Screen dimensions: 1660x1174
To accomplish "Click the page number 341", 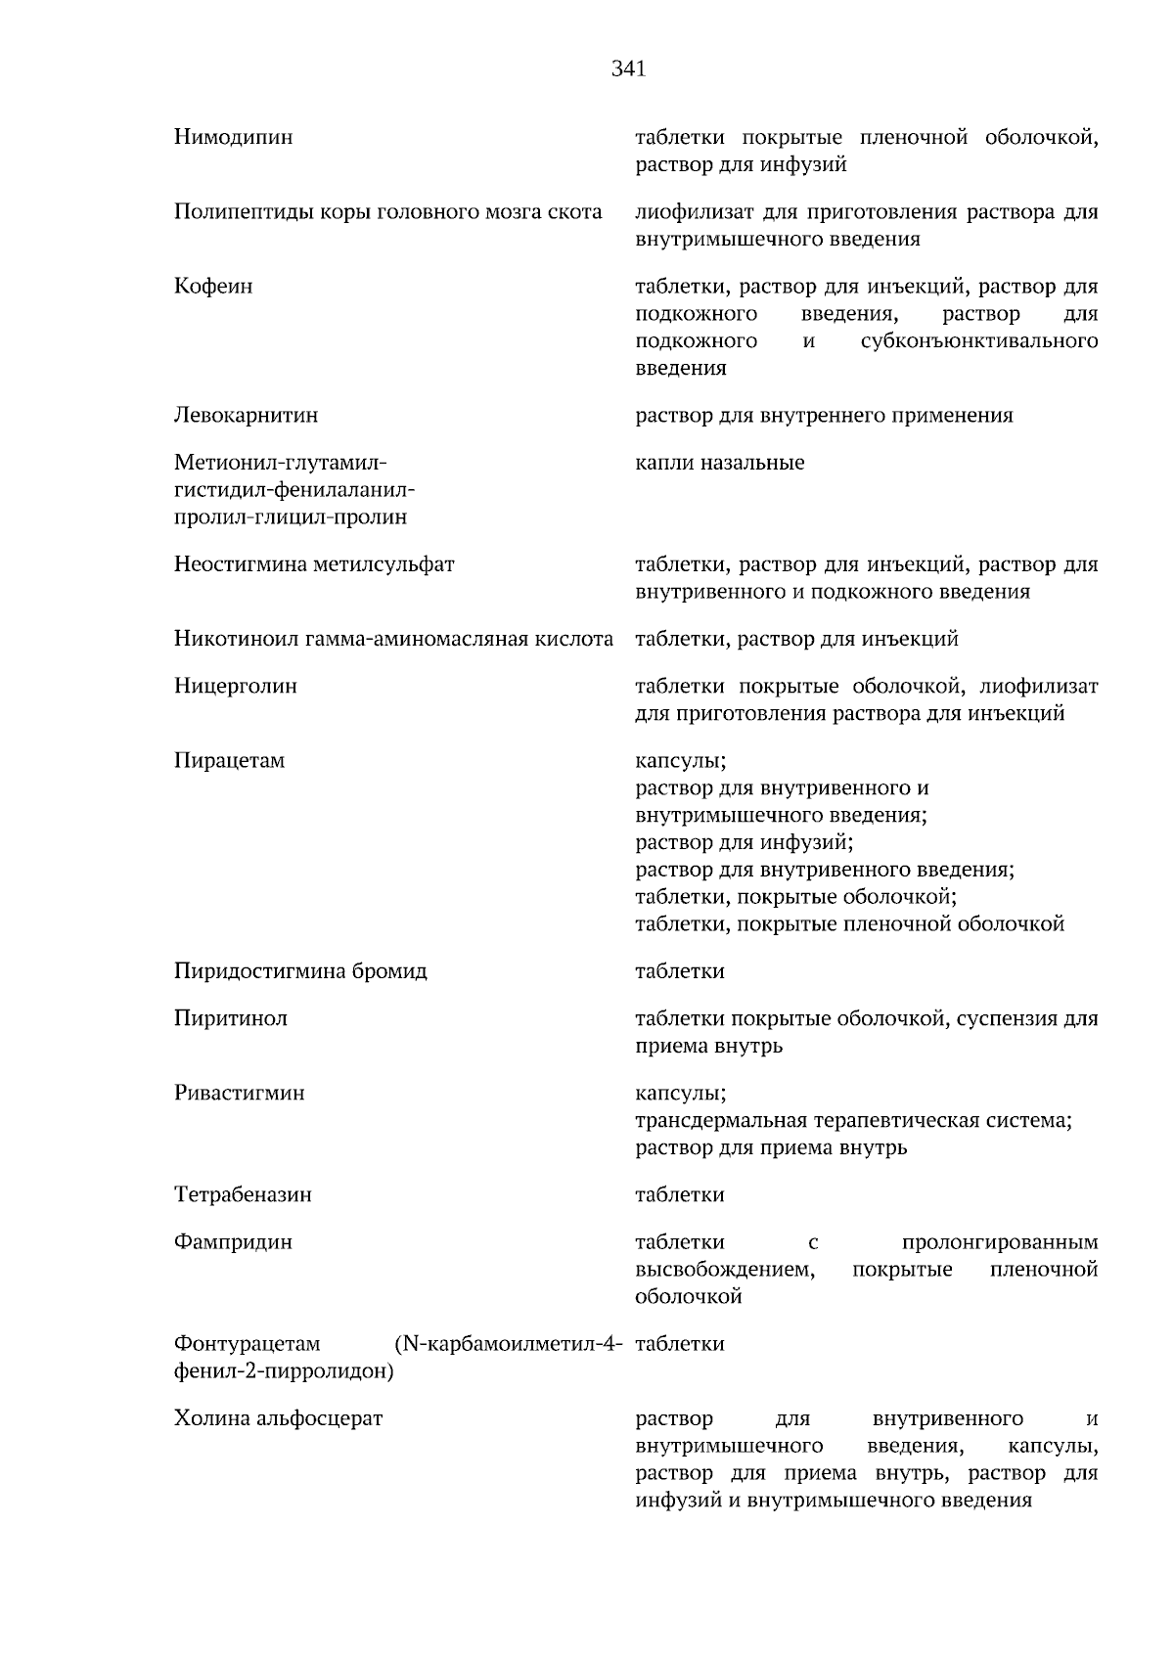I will (x=629, y=69).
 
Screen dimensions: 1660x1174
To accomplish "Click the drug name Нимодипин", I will (x=233, y=138).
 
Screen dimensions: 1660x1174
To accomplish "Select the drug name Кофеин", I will (x=213, y=287).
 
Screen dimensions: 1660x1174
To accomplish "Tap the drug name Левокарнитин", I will (x=246, y=416).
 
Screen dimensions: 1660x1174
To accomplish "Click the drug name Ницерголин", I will (x=235, y=686).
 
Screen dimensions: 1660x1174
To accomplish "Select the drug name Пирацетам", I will (x=229, y=760).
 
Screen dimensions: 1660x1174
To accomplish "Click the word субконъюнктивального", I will (x=979, y=341).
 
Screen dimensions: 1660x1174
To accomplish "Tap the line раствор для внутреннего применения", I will (x=824, y=416).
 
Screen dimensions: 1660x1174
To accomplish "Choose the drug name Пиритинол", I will (x=230, y=1018).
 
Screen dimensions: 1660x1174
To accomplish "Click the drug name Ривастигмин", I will (x=239, y=1093).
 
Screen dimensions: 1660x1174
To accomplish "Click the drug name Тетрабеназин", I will (x=243, y=1194).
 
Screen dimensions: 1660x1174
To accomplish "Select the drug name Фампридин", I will (x=233, y=1242).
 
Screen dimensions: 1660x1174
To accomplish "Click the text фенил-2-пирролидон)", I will (x=283, y=1371).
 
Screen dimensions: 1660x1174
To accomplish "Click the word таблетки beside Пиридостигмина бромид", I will (x=679, y=971).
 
